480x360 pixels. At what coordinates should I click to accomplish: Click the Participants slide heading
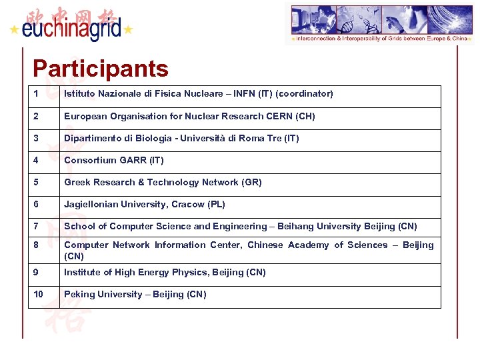coord(101,69)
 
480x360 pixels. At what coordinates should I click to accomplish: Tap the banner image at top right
coord(379,23)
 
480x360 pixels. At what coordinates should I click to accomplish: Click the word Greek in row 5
coord(77,182)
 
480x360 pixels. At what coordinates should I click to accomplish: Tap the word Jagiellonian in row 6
coord(90,204)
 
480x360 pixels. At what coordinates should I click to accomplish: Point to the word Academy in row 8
coord(309,245)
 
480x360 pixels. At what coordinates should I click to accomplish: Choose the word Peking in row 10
coord(79,294)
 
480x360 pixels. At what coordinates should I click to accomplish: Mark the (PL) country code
coord(216,204)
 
